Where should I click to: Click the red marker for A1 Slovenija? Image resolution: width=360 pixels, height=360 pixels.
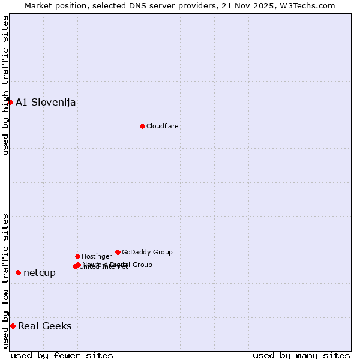(x=10, y=102)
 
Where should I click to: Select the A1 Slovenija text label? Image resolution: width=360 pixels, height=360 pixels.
(x=46, y=102)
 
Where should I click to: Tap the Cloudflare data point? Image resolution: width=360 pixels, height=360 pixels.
(x=142, y=126)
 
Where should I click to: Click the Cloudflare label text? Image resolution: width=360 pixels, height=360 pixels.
(x=162, y=126)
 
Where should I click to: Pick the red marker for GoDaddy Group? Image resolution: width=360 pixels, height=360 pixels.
(x=118, y=252)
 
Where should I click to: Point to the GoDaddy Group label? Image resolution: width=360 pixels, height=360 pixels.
(x=147, y=252)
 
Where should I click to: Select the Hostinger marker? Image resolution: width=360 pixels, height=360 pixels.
(x=77, y=256)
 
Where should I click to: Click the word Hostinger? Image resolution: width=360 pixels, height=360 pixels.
(x=97, y=256)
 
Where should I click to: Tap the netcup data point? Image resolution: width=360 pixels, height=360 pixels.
(x=18, y=272)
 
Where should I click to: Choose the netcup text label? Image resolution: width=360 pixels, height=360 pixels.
(x=40, y=272)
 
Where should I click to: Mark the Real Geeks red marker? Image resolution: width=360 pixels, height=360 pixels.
(x=13, y=326)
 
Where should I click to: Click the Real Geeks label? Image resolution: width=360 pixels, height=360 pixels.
(x=45, y=326)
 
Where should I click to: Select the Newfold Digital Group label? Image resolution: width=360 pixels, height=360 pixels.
(x=118, y=264)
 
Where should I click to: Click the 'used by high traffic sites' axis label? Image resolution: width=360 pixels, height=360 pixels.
(x=5, y=85)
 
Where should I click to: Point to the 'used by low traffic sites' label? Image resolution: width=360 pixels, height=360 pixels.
(x=5, y=280)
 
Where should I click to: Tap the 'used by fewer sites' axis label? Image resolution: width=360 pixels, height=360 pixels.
(x=62, y=355)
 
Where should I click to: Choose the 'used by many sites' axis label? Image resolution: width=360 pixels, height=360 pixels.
(x=301, y=355)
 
